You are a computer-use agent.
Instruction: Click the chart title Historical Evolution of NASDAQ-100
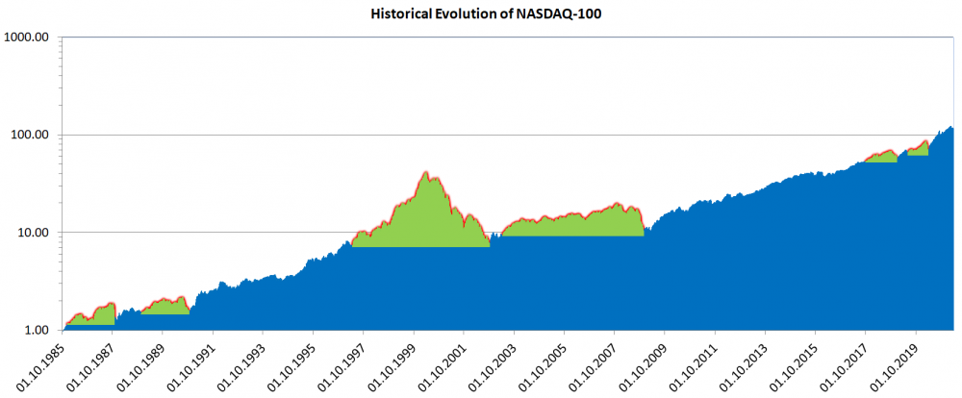coord(480,15)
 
